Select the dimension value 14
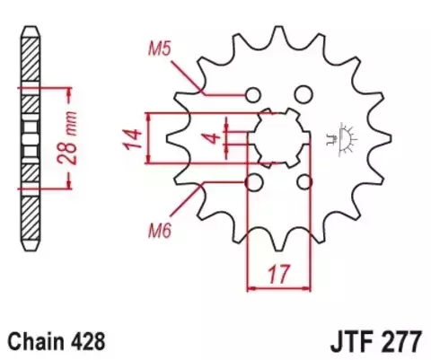pos(131,138)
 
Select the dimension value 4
pos(208,139)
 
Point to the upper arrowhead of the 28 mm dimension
pos(65,92)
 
